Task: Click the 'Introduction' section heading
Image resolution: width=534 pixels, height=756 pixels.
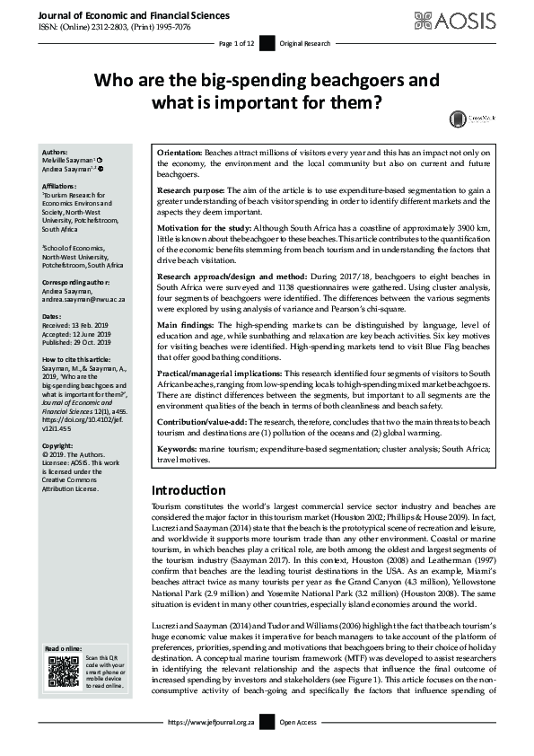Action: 188,490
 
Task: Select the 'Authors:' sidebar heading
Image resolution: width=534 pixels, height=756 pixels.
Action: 55,153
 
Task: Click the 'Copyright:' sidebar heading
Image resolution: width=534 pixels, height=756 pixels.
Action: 59,444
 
